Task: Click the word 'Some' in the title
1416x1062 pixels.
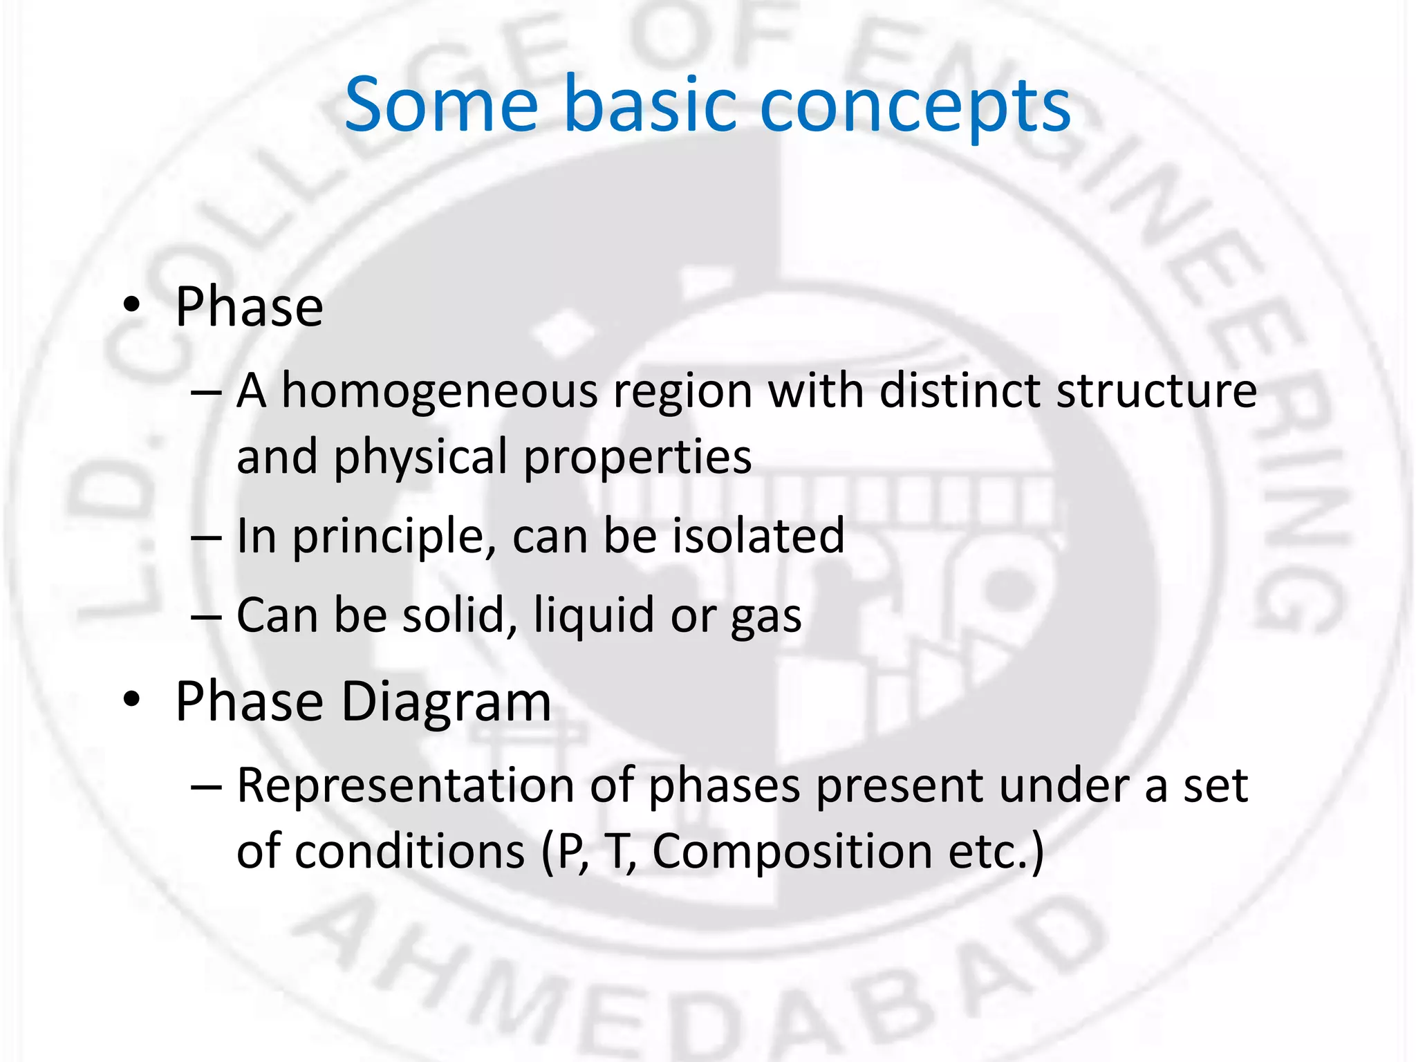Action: click(x=441, y=105)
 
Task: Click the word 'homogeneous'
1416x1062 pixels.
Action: click(x=439, y=392)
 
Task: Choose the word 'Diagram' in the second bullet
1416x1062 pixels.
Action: click(x=446, y=702)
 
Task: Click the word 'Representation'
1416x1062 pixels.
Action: click(x=405, y=786)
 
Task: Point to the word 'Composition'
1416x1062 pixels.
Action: click(x=792, y=852)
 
